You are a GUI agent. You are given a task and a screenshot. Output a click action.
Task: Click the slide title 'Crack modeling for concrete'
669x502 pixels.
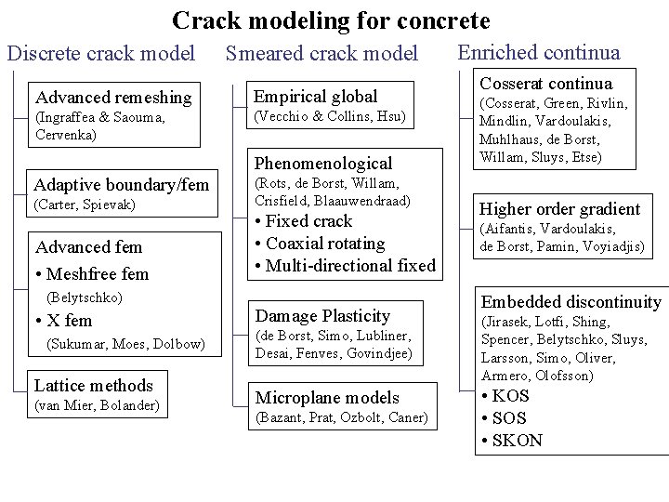tap(331, 20)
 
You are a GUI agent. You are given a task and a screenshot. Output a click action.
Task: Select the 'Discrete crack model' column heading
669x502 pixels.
tap(101, 54)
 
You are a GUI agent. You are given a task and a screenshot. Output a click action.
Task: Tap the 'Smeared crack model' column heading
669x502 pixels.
tap(322, 54)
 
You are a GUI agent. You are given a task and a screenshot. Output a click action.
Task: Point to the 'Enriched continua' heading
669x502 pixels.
tap(539, 53)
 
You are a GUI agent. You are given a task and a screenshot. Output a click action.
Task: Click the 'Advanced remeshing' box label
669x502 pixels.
tap(112, 97)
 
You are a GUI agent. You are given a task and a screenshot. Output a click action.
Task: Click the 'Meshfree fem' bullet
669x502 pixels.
tap(97, 273)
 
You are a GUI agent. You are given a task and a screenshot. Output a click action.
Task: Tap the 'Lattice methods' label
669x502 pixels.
tap(93, 385)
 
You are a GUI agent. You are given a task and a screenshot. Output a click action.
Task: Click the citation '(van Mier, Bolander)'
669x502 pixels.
tap(97, 404)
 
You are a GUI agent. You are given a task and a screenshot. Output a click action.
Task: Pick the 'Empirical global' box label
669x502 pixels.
tap(316, 96)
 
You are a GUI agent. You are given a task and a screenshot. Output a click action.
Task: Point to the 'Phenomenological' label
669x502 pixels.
tap(323, 163)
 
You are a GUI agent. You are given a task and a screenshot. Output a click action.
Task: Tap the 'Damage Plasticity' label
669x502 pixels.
tap(322, 316)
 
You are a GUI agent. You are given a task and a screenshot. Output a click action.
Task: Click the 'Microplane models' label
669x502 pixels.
tap(327, 397)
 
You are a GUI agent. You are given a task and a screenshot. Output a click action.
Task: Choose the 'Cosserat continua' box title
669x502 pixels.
tap(546, 84)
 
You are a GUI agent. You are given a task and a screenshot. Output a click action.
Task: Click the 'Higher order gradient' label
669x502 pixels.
tap(559, 208)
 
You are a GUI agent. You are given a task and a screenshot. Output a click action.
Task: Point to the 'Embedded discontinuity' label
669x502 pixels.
tap(571, 301)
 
